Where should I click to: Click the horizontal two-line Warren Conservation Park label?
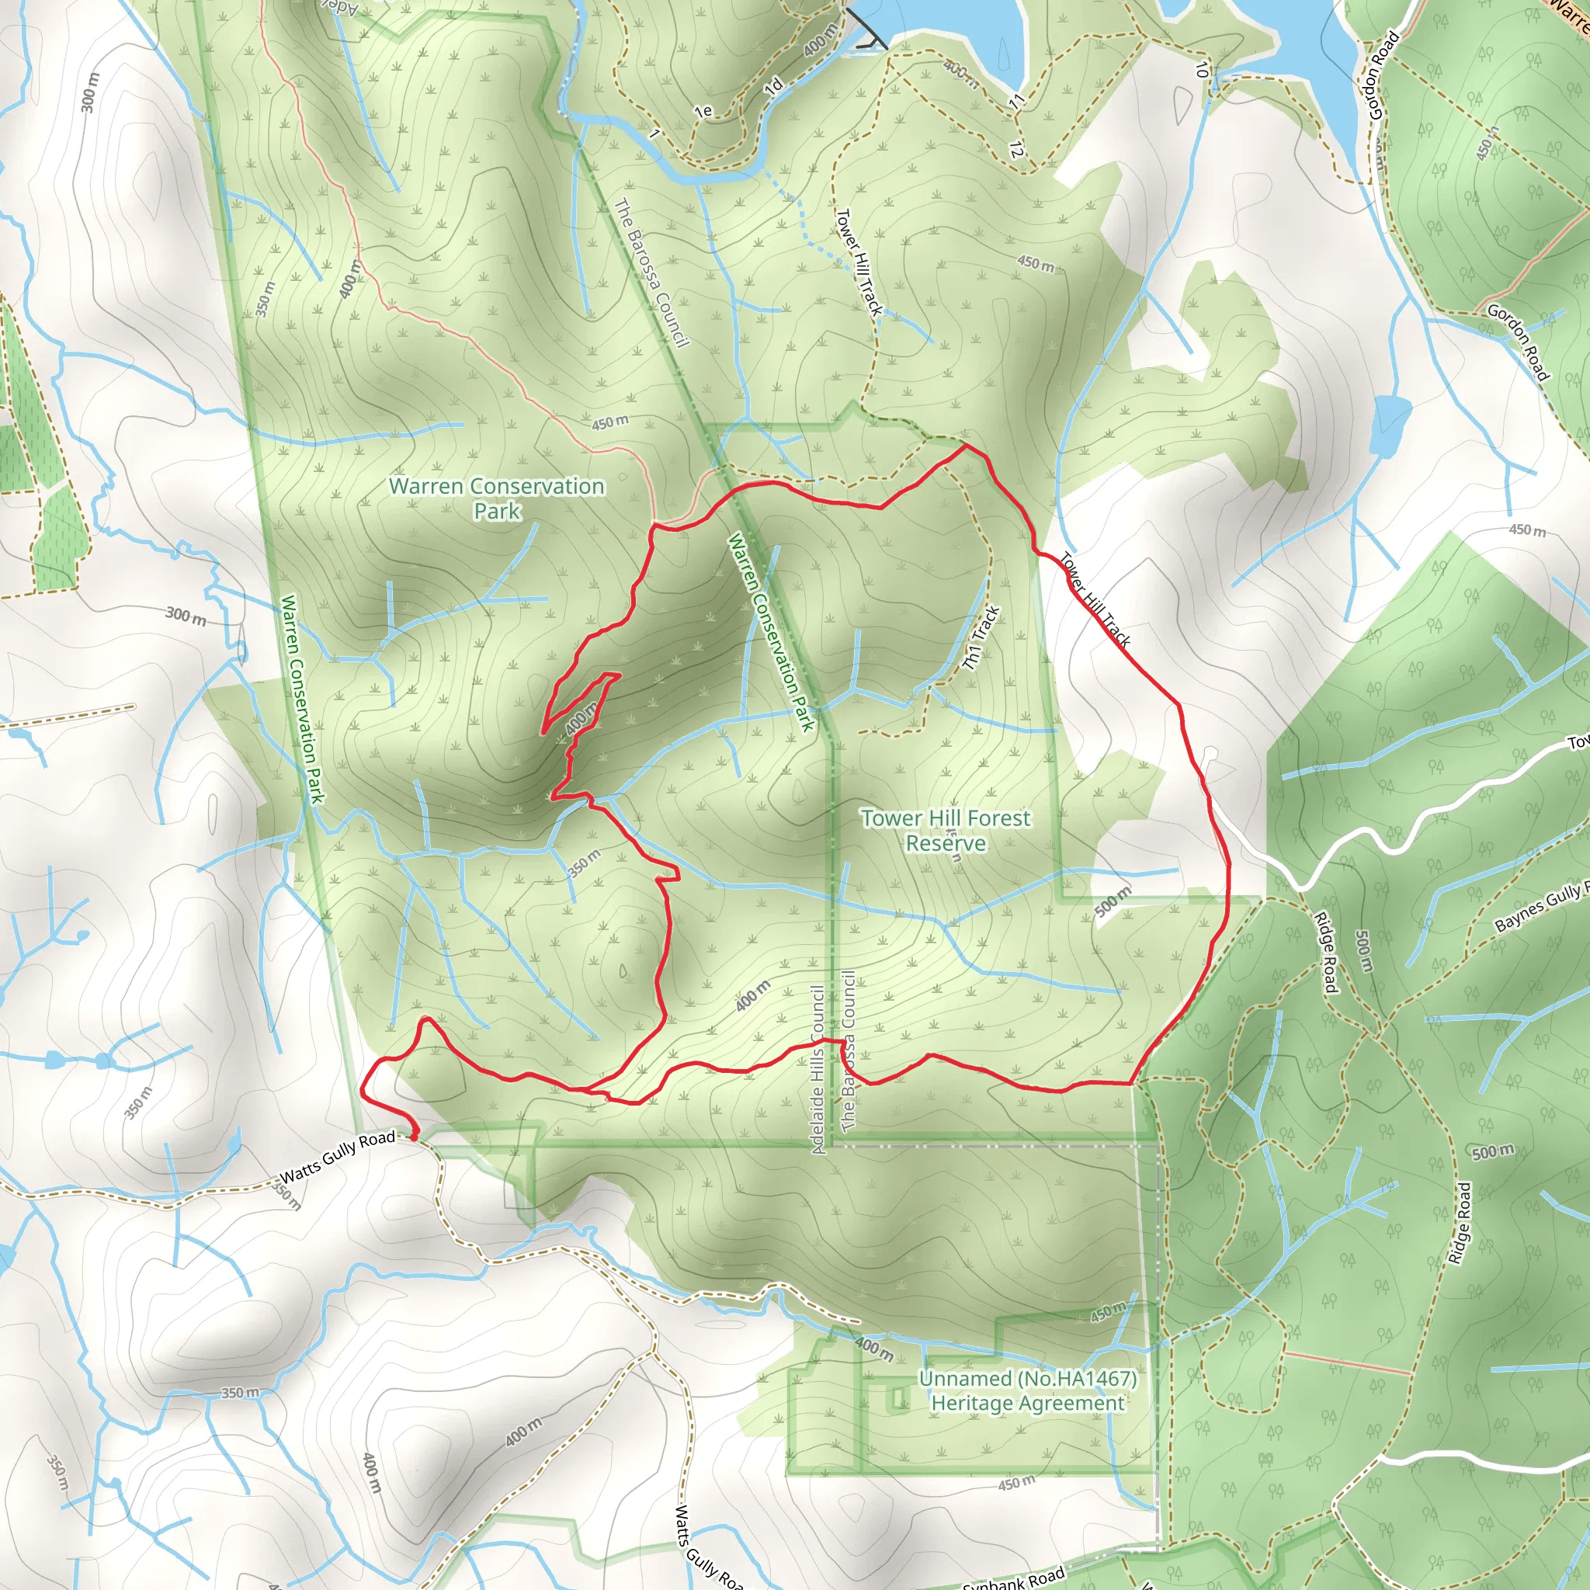[x=496, y=498]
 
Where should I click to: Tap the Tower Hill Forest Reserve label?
[x=946, y=831]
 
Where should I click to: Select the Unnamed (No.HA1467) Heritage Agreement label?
[x=1027, y=1390]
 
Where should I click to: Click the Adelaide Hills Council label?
[x=818, y=1070]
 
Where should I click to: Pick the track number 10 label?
[x=1203, y=70]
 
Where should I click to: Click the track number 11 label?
[x=1018, y=101]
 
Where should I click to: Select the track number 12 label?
[x=1016, y=150]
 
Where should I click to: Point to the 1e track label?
[x=703, y=110]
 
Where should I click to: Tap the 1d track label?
[x=772, y=87]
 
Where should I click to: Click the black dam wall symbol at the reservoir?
[x=866, y=30]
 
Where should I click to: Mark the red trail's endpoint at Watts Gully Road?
[x=414, y=1137]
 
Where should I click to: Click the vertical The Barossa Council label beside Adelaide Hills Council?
[x=849, y=1050]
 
